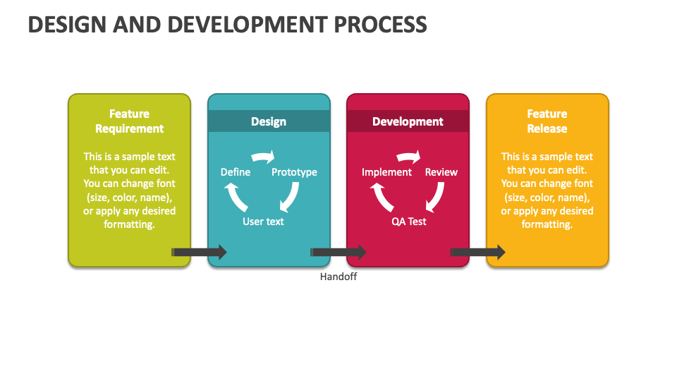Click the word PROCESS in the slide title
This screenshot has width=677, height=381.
click(x=380, y=24)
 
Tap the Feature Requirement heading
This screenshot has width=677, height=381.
click(x=129, y=121)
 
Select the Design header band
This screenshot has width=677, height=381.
click(x=269, y=121)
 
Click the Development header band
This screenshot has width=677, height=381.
click(x=408, y=121)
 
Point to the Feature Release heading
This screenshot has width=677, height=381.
click(x=547, y=121)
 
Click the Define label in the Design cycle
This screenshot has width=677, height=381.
click(x=236, y=172)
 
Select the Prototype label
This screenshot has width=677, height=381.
click(x=294, y=172)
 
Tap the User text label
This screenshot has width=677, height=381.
click(x=263, y=221)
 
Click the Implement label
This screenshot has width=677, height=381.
click(x=386, y=172)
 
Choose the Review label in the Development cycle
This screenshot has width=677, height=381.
click(x=441, y=172)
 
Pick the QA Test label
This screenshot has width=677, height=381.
click(x=408, y=222)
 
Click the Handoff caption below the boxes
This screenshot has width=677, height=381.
click(x=338, y=277)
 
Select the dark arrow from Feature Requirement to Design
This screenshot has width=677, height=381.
click(x=199, y=253)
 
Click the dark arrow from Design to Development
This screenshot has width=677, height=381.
click(x=338, y=253)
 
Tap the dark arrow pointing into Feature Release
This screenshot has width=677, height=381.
click(x=477, y=253)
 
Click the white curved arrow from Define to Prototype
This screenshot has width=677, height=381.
click(x=263, y=157)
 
